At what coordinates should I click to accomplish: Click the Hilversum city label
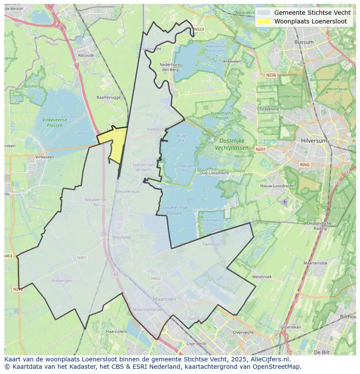(x=313, y=141)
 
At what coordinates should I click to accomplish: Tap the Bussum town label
(x=303, y=42)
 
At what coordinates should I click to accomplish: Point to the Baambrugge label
(x=108, y=97)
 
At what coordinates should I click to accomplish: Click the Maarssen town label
(x=164, y=299)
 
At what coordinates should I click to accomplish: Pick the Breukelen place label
(x=122, y=237)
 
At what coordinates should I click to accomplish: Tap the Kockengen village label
(x=62, y=281)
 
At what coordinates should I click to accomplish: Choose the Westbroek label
(x=262, y=277)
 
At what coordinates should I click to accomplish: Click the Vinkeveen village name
(x=45, y=157)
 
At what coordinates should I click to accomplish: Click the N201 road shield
(x=260, y=149)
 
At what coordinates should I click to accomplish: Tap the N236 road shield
(x=271, y=75)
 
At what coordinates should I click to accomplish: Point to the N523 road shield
(x=199, y=30)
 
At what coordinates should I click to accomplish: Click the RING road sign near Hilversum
(x=305, y=165)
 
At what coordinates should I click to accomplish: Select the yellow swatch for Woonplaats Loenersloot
(x=263, y=21)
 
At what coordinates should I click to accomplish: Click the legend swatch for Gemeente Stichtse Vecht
(x=263, y=13)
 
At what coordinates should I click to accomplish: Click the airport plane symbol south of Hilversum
(x=285, y=202)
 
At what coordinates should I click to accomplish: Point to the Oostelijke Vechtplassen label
(x=232, y=144)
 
